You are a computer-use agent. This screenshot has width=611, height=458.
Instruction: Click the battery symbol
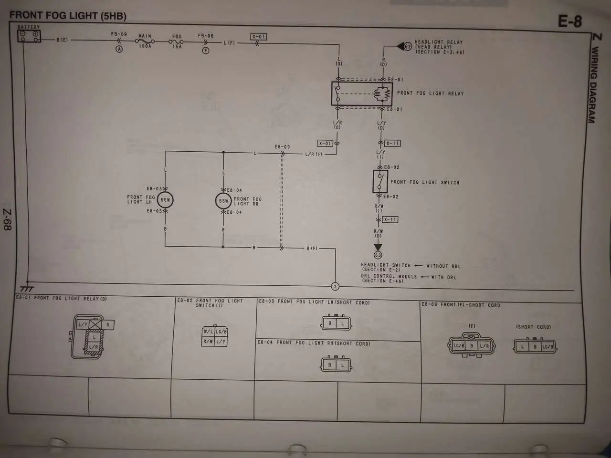coord(29,36)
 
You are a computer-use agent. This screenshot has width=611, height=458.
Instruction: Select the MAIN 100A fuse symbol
coord(145,42)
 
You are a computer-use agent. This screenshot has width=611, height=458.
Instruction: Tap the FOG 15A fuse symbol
coord(177,42)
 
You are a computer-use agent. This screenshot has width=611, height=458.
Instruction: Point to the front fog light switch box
coord(380,181)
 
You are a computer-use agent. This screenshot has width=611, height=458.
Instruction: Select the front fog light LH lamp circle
coord(165,200)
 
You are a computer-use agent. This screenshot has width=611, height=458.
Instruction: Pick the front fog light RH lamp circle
coord(223,201)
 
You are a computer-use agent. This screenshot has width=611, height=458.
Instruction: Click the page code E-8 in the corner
coord(570,21)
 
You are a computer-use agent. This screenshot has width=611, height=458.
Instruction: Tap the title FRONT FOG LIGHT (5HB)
coord(68,16)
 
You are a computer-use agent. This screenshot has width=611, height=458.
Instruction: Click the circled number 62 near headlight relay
coord(408,47)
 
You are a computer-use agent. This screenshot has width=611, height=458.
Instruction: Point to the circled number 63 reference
coord(378,255)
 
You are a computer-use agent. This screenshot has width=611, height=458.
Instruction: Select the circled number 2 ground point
coord(335,286)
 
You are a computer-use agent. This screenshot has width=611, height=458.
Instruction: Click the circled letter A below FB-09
coord(119,49)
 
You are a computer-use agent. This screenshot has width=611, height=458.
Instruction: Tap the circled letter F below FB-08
coord(206,50)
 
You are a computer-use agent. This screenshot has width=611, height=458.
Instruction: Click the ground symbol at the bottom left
coord(27,288)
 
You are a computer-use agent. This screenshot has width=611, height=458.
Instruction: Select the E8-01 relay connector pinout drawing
coord(92,336)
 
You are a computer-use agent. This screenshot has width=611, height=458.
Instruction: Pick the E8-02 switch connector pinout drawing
coord(215,336)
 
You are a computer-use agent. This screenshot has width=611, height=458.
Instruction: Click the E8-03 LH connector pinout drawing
coord(336,323)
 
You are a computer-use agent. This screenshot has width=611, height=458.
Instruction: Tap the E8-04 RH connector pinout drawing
coord(336,365)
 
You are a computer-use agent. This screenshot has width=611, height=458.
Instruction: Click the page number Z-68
coord(8,219)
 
